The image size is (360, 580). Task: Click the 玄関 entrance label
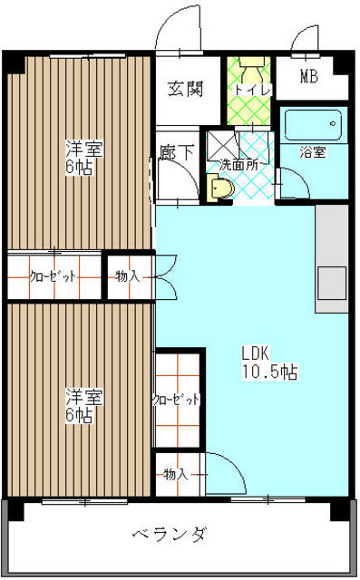tap(184, 89)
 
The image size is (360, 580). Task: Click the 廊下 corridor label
tap(176, 151)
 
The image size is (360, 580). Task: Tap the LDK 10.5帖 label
tap(269, 362)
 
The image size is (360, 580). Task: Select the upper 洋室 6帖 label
tap(83, 158)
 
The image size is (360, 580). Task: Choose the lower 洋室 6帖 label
tap(83, 405)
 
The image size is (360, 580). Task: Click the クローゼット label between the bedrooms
tap(53, 276)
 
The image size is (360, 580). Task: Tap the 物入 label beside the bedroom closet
tap(127, 275)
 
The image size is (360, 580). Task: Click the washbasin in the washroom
tap(220, 188)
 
